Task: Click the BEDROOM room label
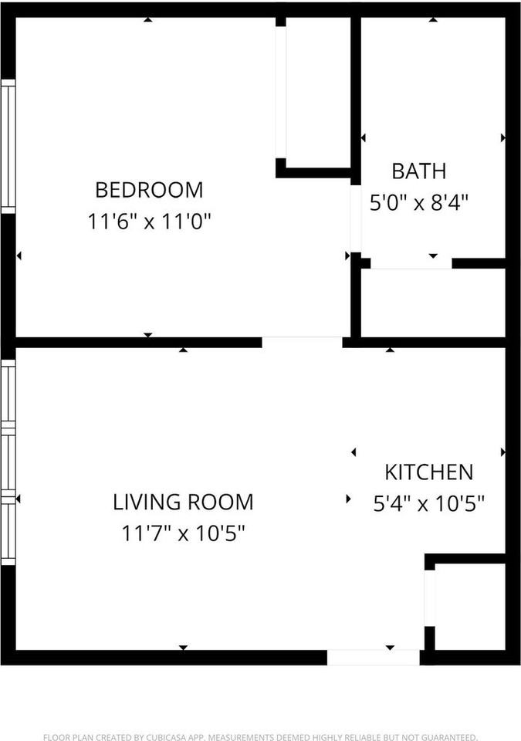149,190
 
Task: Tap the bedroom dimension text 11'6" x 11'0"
149,222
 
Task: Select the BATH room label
419,171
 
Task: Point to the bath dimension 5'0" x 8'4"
419,203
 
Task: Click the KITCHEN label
429,472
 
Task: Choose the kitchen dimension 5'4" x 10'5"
429,504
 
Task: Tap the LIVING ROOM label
183,502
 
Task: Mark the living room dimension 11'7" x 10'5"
183,533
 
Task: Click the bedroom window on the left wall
8,147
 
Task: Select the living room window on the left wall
8,462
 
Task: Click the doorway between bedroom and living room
302,343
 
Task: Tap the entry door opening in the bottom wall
374,658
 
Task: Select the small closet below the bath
433,303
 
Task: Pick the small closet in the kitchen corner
470,607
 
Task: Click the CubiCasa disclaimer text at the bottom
260,736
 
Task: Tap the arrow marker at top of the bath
433,20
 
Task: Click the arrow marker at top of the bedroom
148,20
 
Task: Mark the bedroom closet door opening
281,92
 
